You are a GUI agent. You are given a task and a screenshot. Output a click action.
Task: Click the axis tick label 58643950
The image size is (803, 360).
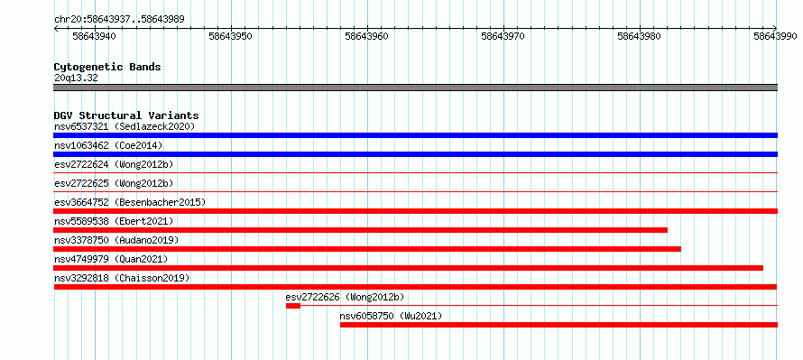(230, 36)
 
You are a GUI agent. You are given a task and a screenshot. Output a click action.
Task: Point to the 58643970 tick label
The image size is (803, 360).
(503, 36)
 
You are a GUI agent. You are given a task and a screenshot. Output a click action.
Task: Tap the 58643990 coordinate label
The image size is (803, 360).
(775, 36)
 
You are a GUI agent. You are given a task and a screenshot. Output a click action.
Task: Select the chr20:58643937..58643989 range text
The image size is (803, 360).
(119, 20)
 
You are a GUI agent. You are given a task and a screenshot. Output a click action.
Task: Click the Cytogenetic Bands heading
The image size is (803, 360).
(107, 67)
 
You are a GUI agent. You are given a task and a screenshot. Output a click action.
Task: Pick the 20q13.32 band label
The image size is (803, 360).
(76, 78)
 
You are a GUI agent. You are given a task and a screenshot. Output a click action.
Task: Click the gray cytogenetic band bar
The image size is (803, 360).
(415, 88)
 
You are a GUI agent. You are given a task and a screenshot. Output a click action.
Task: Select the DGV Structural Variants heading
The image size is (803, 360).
(126, 115)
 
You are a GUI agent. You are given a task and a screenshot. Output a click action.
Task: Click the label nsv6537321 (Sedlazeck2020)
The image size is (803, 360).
(125, 126)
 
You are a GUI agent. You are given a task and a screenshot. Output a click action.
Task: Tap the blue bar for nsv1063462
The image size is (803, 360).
(415, 154)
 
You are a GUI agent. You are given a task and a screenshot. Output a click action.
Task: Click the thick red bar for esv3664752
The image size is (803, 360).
(415, 211)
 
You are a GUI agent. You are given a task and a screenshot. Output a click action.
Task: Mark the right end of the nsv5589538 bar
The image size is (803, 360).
(668, 230)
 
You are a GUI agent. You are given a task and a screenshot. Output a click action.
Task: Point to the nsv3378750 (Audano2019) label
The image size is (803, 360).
(116, 240)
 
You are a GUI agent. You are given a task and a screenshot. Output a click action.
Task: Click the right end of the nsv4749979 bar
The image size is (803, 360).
(762, 268)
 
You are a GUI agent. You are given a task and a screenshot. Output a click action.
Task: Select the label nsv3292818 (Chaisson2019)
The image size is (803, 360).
(122, 278)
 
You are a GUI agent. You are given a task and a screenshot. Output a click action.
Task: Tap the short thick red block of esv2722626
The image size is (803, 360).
(293, 306)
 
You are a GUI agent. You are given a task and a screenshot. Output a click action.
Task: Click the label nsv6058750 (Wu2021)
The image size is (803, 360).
(391, 316)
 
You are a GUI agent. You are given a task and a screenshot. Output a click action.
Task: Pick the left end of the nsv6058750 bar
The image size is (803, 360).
(340, 325)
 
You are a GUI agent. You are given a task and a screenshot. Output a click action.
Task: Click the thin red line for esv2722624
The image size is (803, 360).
(415, 173)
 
